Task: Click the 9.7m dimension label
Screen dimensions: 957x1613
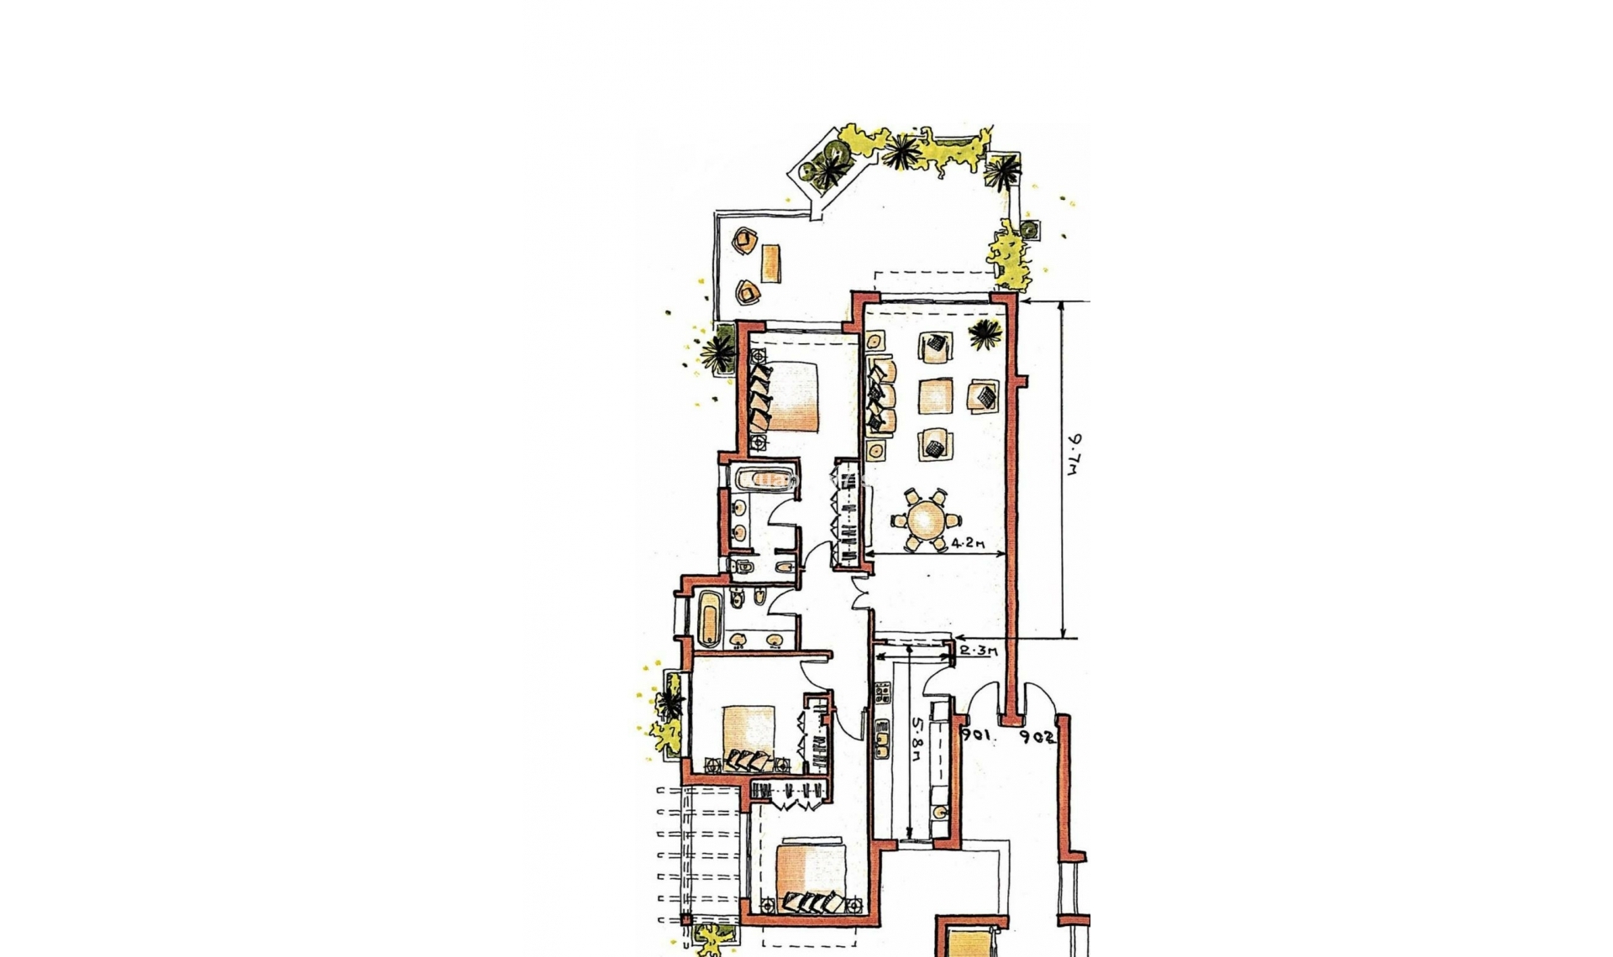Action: point(1074,456)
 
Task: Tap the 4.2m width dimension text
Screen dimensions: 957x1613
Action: point(966,543)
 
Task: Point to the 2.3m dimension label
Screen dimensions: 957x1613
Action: point(977,650)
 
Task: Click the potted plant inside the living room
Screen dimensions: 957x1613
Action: point(985,334)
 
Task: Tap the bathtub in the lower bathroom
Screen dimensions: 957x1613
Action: point(708,617)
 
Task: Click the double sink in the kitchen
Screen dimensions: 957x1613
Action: point(883,740)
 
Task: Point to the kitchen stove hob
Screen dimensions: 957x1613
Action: point(882,693)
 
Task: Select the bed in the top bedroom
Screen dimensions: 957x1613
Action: point(790,396)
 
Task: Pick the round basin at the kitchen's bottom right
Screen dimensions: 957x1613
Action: point(941,812)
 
